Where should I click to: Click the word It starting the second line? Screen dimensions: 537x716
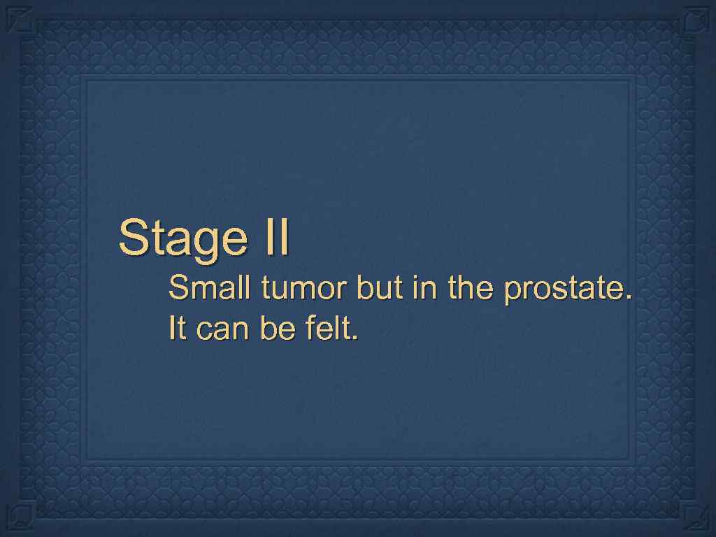[x=177, y=328]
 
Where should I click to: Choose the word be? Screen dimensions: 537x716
[x=278, y=328]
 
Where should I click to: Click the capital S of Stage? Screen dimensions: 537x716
[x=131, y=237]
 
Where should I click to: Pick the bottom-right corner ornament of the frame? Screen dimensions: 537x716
[x=697, y=518]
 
